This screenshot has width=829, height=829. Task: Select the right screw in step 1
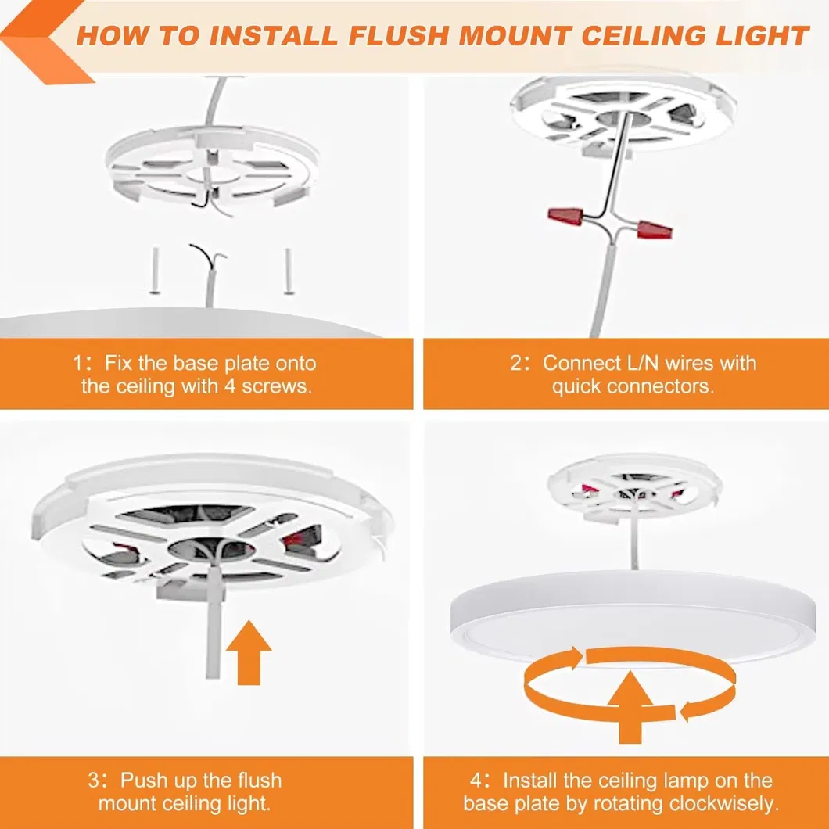(x=289, y=271)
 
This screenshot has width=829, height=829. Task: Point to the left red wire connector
(x=565, y=216)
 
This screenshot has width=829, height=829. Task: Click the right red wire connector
(x=654, y=229)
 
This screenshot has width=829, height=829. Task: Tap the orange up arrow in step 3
(x=248, y=649)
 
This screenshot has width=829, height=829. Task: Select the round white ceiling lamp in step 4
(x=633, y=615)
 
